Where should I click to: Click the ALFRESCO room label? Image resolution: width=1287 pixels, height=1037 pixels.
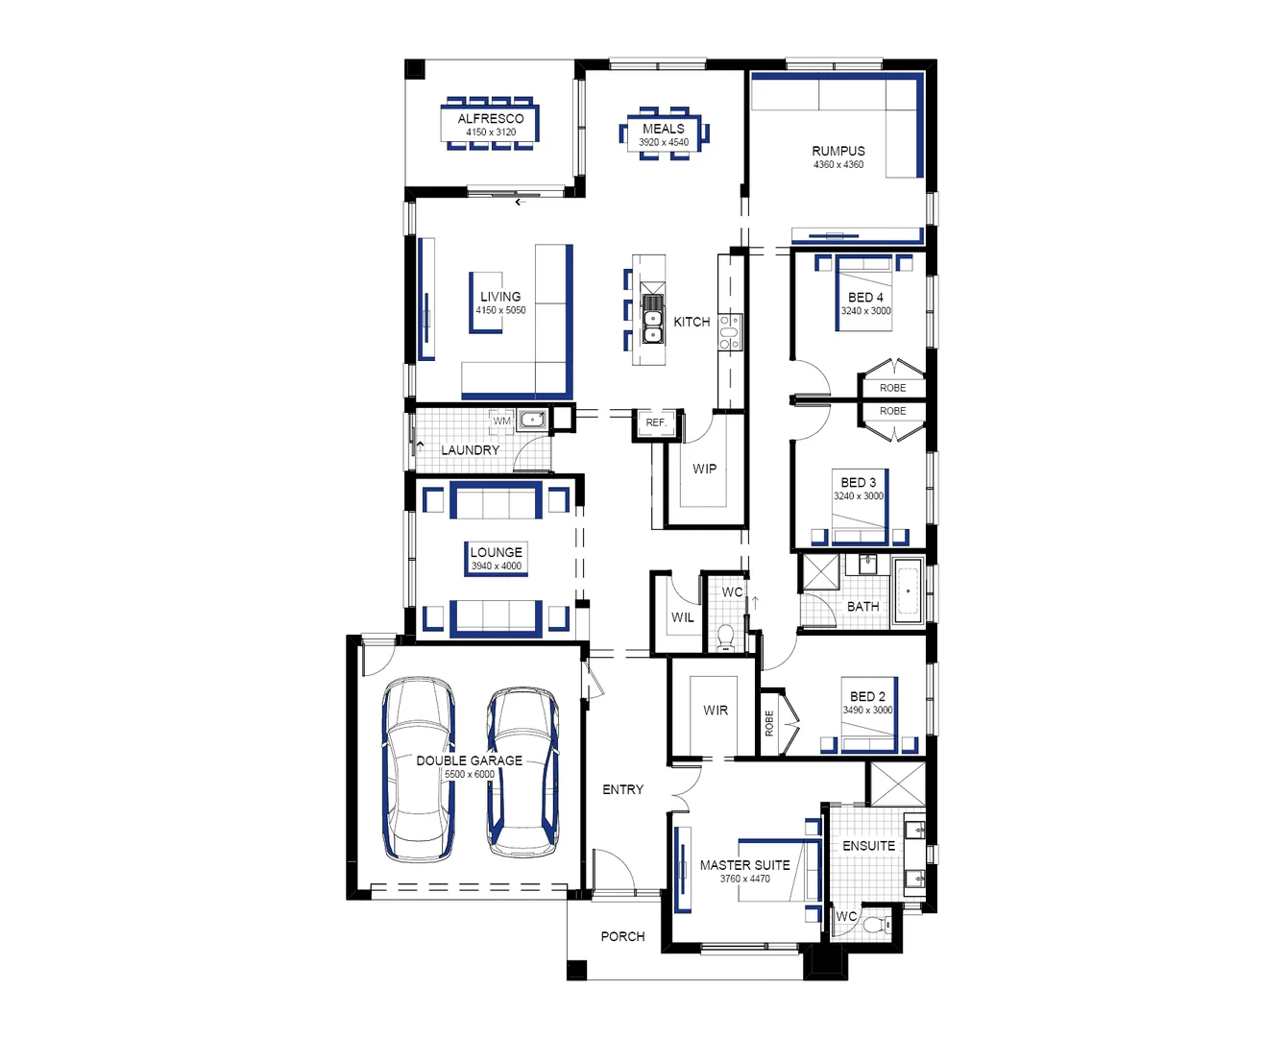click(491, 118)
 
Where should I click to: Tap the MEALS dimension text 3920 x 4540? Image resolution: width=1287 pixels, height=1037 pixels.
click(664, 142)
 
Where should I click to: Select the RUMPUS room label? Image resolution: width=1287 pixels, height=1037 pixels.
click(838, 151)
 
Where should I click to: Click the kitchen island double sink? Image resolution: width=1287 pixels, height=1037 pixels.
click(652, 319)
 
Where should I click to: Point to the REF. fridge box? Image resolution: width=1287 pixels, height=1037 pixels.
click(656, 423)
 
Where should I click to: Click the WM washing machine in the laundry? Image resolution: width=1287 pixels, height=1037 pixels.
click(501, 421)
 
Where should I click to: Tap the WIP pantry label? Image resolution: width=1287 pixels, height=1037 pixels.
click(704, 469)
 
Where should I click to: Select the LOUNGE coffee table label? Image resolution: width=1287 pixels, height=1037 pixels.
click(496, 552)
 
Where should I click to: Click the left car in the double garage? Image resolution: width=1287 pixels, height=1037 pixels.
click(418, 770)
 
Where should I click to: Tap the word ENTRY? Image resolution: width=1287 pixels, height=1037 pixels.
click(622, 789)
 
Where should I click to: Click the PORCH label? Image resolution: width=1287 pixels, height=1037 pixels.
click(622, 936)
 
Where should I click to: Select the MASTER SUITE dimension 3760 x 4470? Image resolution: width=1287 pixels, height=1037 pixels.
click(744, 879)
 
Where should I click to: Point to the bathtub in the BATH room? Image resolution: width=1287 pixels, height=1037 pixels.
click(908, 591)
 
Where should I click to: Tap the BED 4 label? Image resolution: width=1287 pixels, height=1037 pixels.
click(865, 298)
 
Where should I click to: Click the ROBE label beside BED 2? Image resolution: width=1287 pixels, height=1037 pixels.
click(769, 723)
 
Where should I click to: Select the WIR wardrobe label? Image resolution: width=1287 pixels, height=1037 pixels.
click(716, 710)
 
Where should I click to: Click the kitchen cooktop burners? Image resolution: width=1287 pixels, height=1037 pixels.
click(730, 332)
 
